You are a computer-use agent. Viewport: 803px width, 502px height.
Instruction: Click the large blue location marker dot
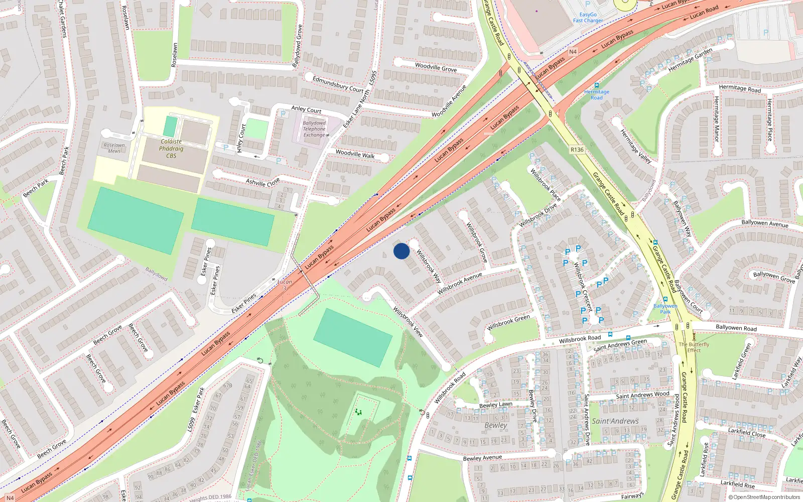click(x=401, y=251)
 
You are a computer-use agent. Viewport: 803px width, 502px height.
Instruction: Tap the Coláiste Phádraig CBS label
click(x=171, y=149)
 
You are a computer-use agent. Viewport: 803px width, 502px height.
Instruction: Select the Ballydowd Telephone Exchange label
click(x=314, y=129)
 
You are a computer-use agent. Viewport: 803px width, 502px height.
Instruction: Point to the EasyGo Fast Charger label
click(x=588, y=18)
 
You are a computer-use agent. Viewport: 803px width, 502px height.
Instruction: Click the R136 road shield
click(x=577, y=150)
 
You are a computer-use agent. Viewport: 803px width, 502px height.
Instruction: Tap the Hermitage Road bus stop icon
click(x=596, y=85)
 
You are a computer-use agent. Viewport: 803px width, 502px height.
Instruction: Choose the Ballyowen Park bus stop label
click(x=665, y=309)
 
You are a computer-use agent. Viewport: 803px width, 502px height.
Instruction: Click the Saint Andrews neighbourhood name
click(x=615, y=421)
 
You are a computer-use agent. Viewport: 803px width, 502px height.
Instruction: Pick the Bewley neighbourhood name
click(x=496, y=425)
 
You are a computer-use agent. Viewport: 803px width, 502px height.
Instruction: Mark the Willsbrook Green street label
click(x=508, y=322)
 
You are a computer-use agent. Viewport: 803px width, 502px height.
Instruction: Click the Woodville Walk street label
click(x=355, y=154)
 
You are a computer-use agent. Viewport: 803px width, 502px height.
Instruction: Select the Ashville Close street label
click(x=263, y=182)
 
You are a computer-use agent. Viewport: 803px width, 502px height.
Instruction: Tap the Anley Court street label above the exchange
click(x=306, y=109)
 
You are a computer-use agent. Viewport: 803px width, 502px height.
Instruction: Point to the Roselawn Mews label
click(x=114, y=148)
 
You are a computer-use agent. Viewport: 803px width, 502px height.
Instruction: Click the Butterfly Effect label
click(x=694, y=347)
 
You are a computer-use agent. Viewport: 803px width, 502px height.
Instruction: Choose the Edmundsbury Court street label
click(x=338, y=84)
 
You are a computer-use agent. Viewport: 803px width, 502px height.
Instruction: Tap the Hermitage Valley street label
click(x=635, y=147)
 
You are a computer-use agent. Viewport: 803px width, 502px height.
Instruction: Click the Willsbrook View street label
click(x=408, y=322)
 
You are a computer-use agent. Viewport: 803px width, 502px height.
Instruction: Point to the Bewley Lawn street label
click(x=496, y=405)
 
